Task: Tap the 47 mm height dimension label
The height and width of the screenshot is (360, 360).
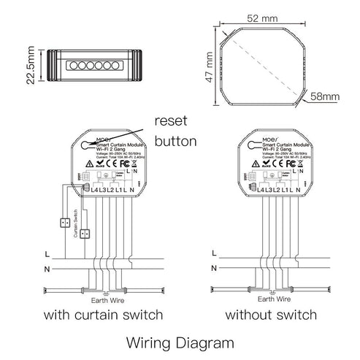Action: [x=210, y=66]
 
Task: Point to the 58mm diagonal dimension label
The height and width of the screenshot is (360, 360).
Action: [x=326, y=96]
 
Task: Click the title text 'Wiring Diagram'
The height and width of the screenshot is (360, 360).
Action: [x=180, y=341]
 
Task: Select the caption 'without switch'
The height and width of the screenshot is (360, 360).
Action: [x=271, y=315]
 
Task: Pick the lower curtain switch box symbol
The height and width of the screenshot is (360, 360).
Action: [x=85, y=234]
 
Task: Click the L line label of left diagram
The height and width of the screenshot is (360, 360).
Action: [x=47, y=254]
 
